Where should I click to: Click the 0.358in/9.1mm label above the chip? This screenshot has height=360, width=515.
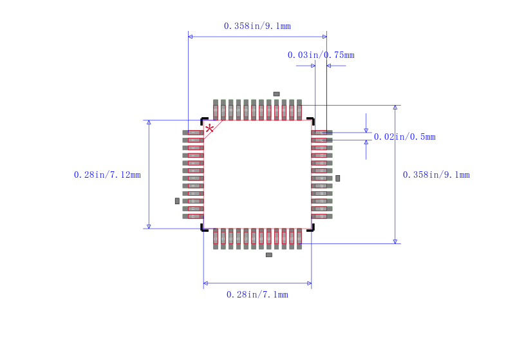pyautogui.click(x=257, y=26)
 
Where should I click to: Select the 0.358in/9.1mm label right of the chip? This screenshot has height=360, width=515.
pyautogui.click(x=436, y=175)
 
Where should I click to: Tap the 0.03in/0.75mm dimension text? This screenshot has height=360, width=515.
pyautogui.click(x=321, y=55)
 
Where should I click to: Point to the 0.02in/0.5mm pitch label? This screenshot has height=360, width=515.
pyautogui.click(x=405, y=137)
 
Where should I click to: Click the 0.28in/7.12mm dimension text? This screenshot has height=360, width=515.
pyautogui.click(x=107, y=175)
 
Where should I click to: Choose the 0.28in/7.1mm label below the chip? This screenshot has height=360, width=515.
pyautogui.click(x=257, y=295)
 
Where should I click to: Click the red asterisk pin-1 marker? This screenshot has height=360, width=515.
pyautogui.click(x=209, y=128)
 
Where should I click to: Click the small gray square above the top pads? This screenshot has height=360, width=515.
pyautogui.click(x=277, y=94)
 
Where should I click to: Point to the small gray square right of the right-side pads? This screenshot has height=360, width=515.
pyautogui.click(x=337, y=178)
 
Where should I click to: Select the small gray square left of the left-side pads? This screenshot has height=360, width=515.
pyautogui.click(x=178, y=201)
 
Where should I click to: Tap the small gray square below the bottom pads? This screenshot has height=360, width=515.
pyautogui.click(x=269, y=255)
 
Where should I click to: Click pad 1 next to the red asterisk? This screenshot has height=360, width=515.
pyautogui.click(x=193, y=133)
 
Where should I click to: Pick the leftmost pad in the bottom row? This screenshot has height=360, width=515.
pyautogui.click(x=216, y=239)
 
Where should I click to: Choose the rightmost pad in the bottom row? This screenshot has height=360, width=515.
pyautogui.click(x=299, y=239)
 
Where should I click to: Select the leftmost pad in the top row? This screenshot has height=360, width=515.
pyautogui.click(x=216, y=110)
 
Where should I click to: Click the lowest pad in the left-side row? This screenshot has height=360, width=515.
pyautogui.click(x=193, y=216)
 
